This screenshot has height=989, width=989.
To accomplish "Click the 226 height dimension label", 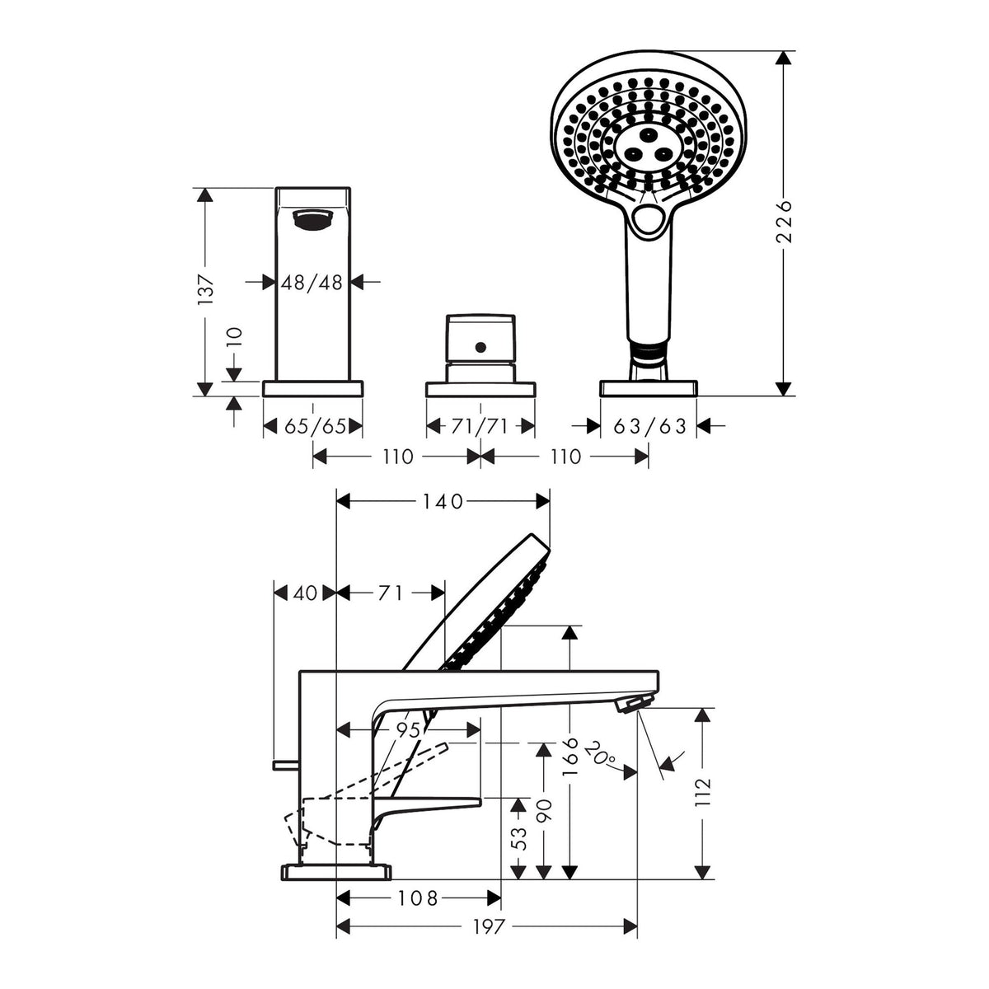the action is click(784, 222).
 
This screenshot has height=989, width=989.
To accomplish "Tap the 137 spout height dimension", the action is click(205, 289).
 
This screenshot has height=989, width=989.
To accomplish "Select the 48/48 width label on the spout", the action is click(312, 282).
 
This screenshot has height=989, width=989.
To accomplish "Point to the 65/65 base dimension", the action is click(315, 426).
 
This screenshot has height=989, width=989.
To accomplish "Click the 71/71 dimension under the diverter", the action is click(480, 426).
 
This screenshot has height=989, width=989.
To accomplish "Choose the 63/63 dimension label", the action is click(649, 426).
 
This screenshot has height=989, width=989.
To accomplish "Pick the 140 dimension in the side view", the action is click(443, 501).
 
